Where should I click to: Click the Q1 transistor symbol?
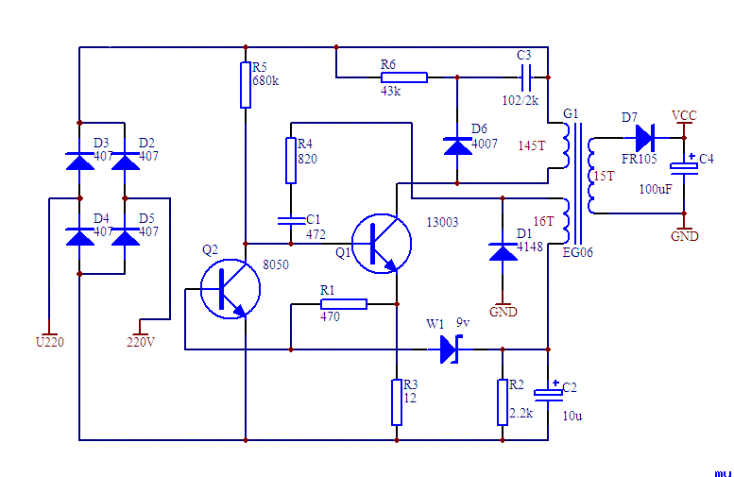coord(382,243)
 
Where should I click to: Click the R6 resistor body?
coord(403,77)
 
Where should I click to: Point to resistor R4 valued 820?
coord(291,161)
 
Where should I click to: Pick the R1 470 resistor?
coord(343,304)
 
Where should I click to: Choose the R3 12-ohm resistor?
coord(397,402)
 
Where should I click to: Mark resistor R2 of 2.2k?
coord(502,402)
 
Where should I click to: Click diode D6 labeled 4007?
coord(457,145)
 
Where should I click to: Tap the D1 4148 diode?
coord(502,251)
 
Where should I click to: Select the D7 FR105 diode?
coord(645,138)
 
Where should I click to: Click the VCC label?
coord(684,115)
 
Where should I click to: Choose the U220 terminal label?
coord(49,342)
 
